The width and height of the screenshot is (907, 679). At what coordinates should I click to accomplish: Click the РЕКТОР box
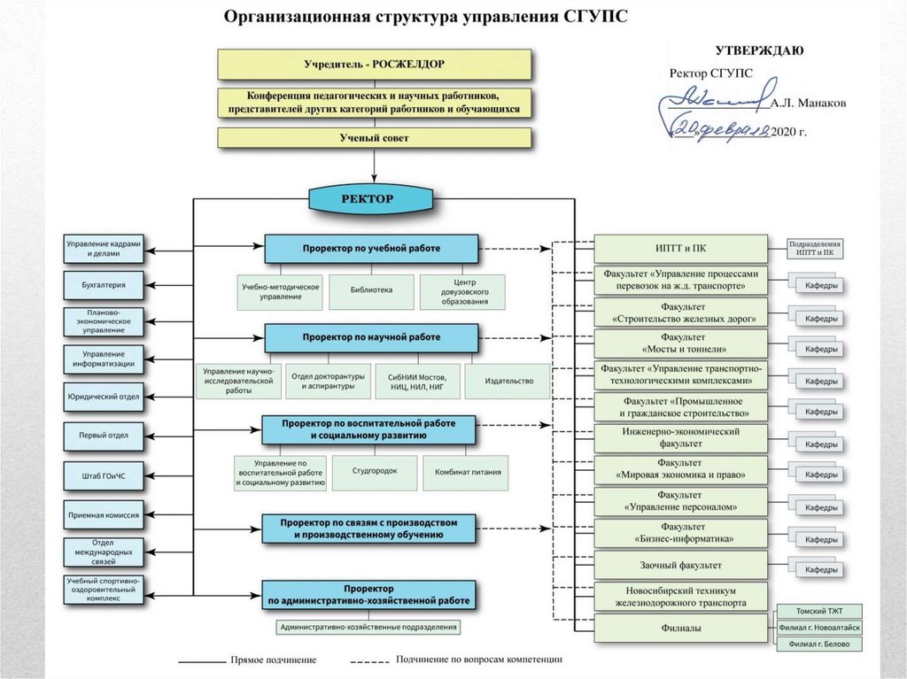[373, 199]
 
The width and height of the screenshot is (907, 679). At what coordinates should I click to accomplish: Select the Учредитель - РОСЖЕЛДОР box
[374, 65]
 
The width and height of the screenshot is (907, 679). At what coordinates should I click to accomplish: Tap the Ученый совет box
[374, 138]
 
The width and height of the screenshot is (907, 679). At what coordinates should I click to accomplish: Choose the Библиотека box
[370, 290]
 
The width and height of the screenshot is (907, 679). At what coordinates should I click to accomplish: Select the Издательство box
[510, 382]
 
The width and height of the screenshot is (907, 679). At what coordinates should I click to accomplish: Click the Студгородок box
[373, 472]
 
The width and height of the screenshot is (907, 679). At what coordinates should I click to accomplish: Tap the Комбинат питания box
[468, 472]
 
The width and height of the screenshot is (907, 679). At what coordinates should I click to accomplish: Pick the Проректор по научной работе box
[371, 338]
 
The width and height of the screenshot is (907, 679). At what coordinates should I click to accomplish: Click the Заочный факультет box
[681, 565]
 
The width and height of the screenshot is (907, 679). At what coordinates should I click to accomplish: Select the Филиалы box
[681, 629]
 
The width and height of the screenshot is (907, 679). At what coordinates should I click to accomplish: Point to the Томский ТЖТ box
[818, 612]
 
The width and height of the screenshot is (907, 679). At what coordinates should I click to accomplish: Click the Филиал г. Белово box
[818, 644]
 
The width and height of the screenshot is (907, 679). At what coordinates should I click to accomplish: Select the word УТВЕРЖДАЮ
[759, 50]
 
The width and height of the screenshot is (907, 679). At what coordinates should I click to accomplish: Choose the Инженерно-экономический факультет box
[681, 437]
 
